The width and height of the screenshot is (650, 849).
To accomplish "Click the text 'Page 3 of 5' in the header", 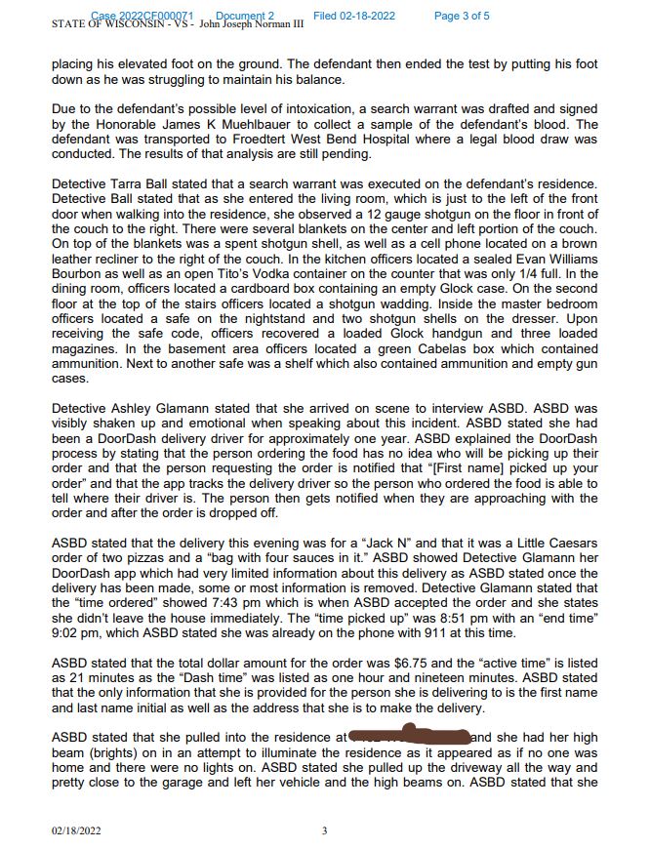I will click(x=462, y=16).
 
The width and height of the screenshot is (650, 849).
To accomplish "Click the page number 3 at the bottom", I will click(x=324, y=830).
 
